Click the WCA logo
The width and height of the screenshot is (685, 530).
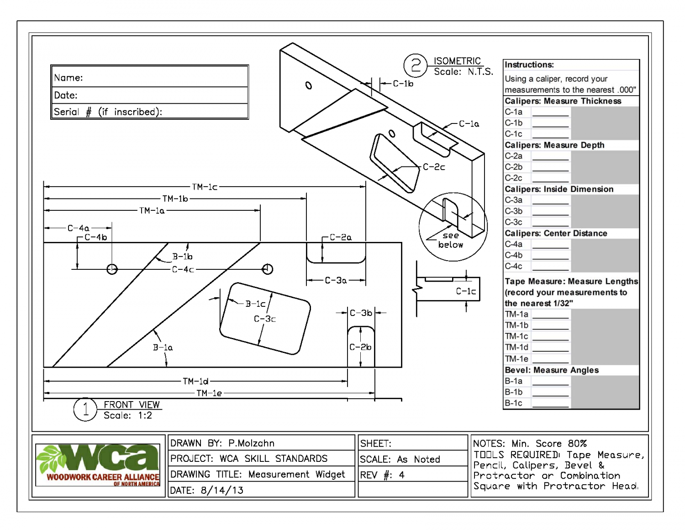click(98, 464)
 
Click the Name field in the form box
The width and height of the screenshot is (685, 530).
click(150, 77)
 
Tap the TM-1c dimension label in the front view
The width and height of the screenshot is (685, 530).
click(205, 187)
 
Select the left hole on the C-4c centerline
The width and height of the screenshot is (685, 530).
click(112, 269)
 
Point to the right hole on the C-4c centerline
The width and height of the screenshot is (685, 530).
click(268, 269)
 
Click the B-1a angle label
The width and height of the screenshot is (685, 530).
click(163, 348)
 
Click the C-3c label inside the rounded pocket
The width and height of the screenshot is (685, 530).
click(264, 319)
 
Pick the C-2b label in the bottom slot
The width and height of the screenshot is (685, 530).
click(360, 347)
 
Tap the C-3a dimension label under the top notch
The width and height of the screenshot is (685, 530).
click(336, 280)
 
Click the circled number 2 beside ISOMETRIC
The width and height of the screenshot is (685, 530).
click(415, 65)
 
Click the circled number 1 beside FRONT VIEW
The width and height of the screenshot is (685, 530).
click(85, 409)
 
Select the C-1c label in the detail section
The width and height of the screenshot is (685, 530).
click(466, 291)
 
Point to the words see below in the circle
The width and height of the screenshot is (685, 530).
click(450, 240)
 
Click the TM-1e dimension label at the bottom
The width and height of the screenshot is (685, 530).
click(209, 393)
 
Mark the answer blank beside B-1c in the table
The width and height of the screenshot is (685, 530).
click(550, 404)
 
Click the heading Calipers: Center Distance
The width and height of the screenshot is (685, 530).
click(556, 233)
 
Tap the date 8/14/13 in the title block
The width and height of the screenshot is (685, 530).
click(222, 490)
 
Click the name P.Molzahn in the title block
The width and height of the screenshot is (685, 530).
click(251, 443)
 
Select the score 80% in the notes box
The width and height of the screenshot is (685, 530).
click(577, 444)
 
